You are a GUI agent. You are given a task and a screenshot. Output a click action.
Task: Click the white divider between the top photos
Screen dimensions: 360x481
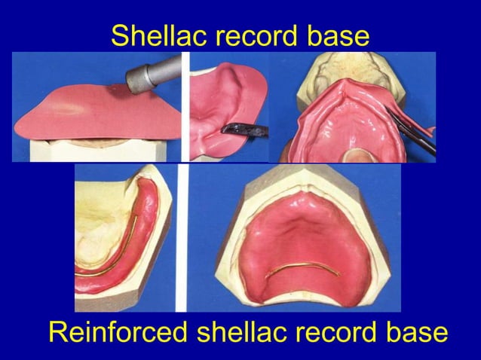[185, 105]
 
